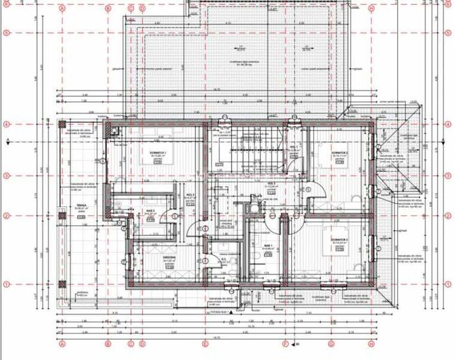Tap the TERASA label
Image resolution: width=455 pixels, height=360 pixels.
pos(81,207)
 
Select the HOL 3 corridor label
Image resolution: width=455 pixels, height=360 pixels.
pos(189,196)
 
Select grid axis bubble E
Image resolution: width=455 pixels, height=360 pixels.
pos(205,9)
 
